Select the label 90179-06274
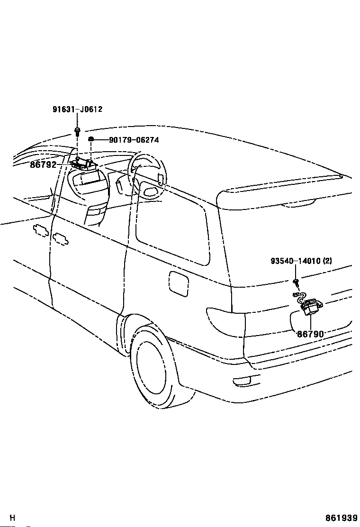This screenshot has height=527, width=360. click(134, 140)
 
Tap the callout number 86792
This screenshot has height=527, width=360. click(43, 165)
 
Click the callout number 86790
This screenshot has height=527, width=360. click(310, 334)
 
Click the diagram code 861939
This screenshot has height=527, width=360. click(341, 518)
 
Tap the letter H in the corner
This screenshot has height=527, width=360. click(13, 518)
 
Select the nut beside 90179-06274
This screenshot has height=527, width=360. click(91, 139)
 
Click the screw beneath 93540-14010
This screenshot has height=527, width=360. click(296, 283)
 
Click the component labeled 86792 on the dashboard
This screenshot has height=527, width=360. click(84, 164)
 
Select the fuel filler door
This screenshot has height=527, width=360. click(178, 283)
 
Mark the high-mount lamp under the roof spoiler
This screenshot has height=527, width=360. click(298, 203)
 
